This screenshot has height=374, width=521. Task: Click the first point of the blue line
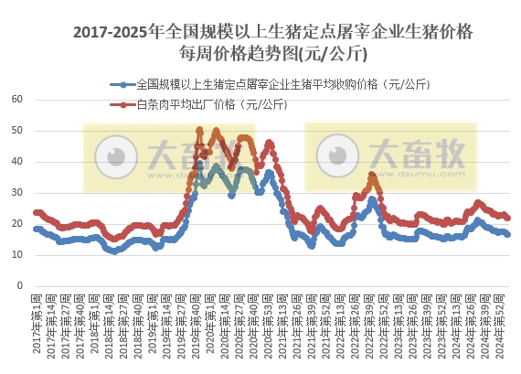(x=36, y=229)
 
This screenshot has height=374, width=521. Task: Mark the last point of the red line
(x=508, y=218)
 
